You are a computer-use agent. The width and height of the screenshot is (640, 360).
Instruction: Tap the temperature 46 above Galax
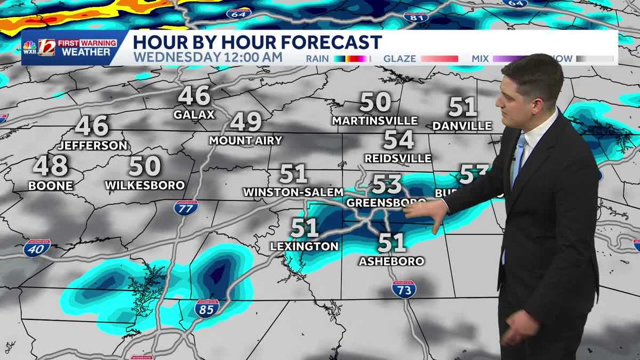pyautogui.click(x=194, y=96)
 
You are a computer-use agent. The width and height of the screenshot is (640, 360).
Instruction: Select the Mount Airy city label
pyautogui.click(x=245, y=141)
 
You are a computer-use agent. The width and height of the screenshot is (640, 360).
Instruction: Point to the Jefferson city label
pyautogui.click(x=93, y=145)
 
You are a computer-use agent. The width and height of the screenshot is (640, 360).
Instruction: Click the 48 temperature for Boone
pyautogui.click(x=51, y=166)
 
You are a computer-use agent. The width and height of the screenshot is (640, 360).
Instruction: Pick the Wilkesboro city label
pyautogui.click(x=145, y=186)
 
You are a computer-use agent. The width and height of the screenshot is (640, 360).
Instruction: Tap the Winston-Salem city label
pyautogui.click(x=293, y=191)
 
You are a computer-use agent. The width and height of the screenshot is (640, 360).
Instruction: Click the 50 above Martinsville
pyautogui.click(x=375, y=102)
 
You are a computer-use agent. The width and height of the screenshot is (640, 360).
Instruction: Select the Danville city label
pyautogui.click(x=462, y=126)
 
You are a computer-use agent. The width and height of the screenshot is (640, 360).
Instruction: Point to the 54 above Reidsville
pyautogui.click(x=398, y=140)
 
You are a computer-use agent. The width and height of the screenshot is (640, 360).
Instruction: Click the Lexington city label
pyautogui.click(x=304, y=246)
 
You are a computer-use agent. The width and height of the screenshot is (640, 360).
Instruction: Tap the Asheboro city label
pyautogui.click(x=391, y=261)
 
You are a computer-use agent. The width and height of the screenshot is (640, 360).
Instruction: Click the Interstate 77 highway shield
pyautogui.click(x=186, y=207)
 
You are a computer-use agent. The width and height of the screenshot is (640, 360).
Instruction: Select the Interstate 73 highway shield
pyautogui.click(x=404, y=289)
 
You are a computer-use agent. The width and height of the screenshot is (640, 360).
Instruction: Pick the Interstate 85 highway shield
pyautogui.click(x=206, y=308)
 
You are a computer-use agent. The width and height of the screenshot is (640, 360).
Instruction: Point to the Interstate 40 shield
pyautogui.click(x=37, y=248)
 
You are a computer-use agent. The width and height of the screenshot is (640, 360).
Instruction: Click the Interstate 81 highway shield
pyautogui.click(x=415, y=17)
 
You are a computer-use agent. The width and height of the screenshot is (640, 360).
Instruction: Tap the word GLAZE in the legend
pyautogui.click(x=400, y=59)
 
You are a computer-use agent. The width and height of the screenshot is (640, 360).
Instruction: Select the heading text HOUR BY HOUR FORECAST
pyautogui.click(x=257, y=42)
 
